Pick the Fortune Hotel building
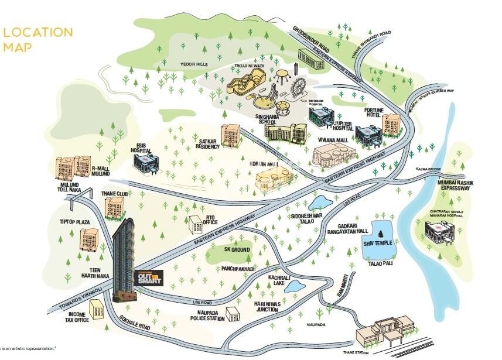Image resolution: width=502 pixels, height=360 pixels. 391,123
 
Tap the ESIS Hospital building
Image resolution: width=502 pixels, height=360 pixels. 146,159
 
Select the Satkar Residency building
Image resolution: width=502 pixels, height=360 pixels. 231,136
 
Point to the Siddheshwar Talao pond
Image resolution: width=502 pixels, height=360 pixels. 320,203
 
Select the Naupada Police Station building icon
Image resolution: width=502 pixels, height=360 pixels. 233,315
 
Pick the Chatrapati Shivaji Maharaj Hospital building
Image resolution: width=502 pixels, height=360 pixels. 439,233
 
